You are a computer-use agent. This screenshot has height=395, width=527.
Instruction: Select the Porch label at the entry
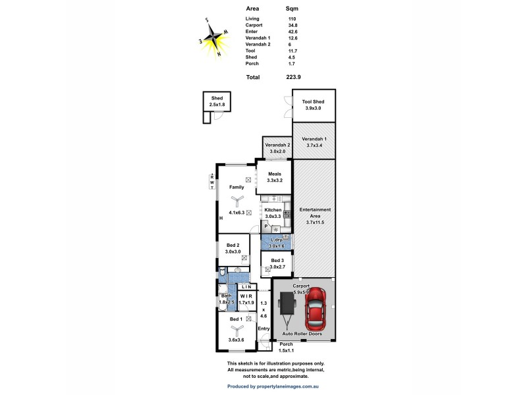[286, 344]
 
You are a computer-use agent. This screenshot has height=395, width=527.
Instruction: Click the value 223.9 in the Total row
[294, 77]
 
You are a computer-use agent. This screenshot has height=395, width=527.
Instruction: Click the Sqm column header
[292, 9]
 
